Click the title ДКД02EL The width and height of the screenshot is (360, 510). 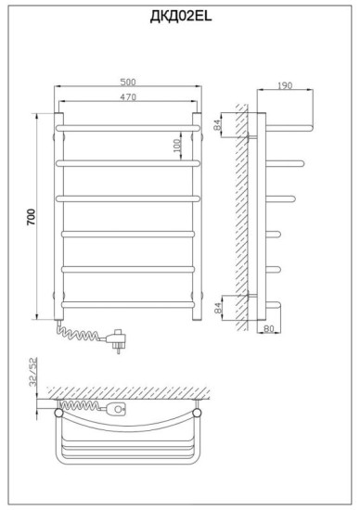(181, 16)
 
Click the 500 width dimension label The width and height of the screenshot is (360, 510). (128, 82)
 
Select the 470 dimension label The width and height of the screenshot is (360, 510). (128, 97)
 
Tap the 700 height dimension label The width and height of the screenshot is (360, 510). (31, 217)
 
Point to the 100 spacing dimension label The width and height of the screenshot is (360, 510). (176, 146)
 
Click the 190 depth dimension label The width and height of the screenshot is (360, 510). (285, 85)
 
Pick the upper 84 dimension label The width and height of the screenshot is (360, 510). (217, 124)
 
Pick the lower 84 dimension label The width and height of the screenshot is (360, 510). (218, 307)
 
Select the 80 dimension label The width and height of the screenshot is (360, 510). (268, 328)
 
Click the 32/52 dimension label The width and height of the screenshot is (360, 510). (32, 372)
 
